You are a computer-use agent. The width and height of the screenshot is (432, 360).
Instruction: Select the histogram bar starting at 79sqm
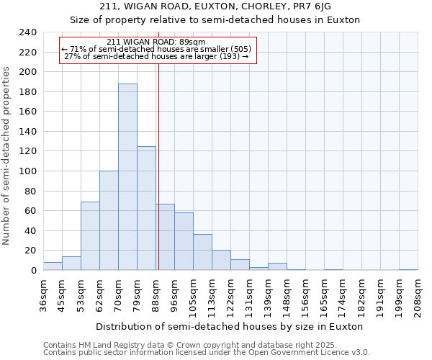[146, 208]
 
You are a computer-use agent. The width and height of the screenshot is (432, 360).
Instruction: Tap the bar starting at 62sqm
[109, 220]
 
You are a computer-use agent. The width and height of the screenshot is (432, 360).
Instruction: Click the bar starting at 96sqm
[184, 241]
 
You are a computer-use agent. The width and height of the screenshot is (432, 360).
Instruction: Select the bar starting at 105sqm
[202, 252]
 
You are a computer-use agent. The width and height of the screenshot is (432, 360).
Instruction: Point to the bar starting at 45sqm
[71, 264]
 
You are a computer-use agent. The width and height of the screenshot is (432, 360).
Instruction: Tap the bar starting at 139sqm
[277, 266]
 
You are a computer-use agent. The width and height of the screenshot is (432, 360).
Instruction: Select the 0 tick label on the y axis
[34, 271]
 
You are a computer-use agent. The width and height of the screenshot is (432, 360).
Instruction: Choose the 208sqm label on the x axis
[418, 296]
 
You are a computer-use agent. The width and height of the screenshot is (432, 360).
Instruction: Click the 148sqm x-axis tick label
[287, 296]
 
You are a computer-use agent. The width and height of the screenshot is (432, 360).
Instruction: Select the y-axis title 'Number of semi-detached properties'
[7, 156]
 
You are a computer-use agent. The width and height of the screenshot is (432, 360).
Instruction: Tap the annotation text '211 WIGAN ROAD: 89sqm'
[156, 42]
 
